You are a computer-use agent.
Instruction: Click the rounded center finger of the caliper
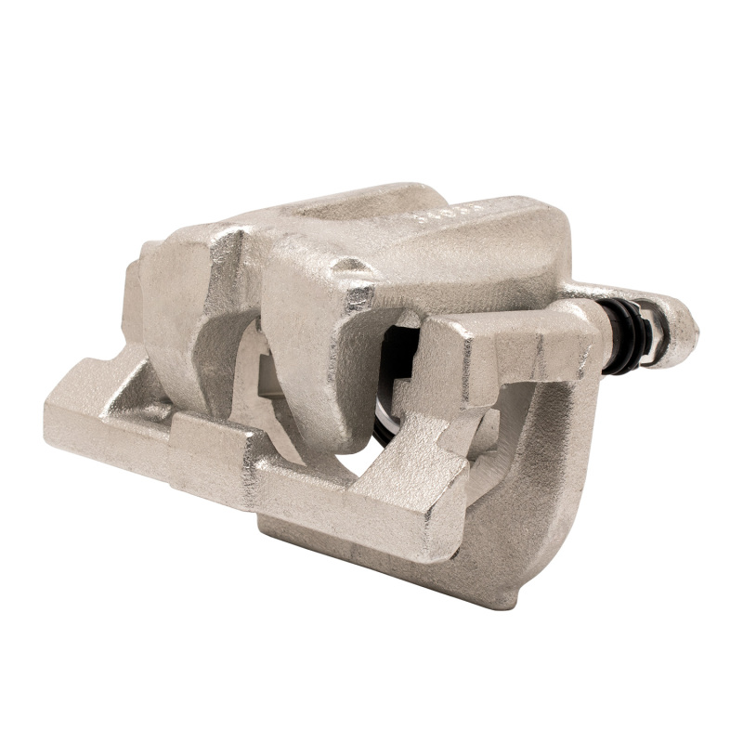click(x=316, y=371)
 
